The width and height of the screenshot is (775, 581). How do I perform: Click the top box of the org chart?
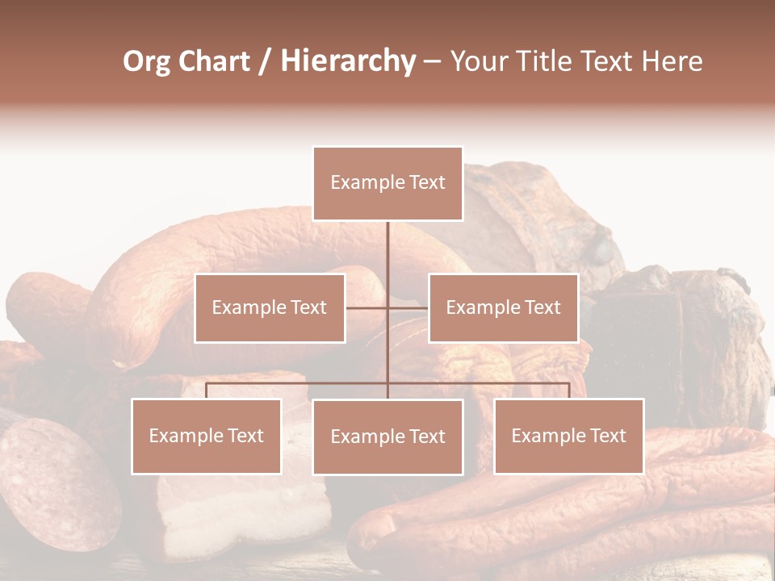[x=387, y=183]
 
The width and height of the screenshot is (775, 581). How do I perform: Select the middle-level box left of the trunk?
[x=270, y=307]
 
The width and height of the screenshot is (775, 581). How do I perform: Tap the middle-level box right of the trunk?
[x=503, y=307]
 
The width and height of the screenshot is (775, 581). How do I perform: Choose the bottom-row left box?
[x=206, y=436]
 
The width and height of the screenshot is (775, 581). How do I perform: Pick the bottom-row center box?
[x=387, y=437]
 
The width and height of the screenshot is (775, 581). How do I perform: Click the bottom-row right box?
[x=568, y=436]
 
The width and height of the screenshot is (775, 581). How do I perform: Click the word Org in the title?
[x=146, y=61]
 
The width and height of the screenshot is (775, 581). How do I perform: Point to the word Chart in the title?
[x=214, y=61]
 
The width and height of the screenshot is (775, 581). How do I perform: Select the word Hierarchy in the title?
[x=347, y=61]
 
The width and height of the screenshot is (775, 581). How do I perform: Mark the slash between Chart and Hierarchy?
[x=265, y=62]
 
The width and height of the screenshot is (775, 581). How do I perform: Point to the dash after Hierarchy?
[x=432, y=62]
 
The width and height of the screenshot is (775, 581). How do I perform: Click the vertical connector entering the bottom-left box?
[x=206, y=391]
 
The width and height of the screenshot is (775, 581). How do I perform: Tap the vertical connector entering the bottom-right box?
[x=568, y=391]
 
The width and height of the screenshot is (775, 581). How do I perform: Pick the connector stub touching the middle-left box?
[x=366, y=307]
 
